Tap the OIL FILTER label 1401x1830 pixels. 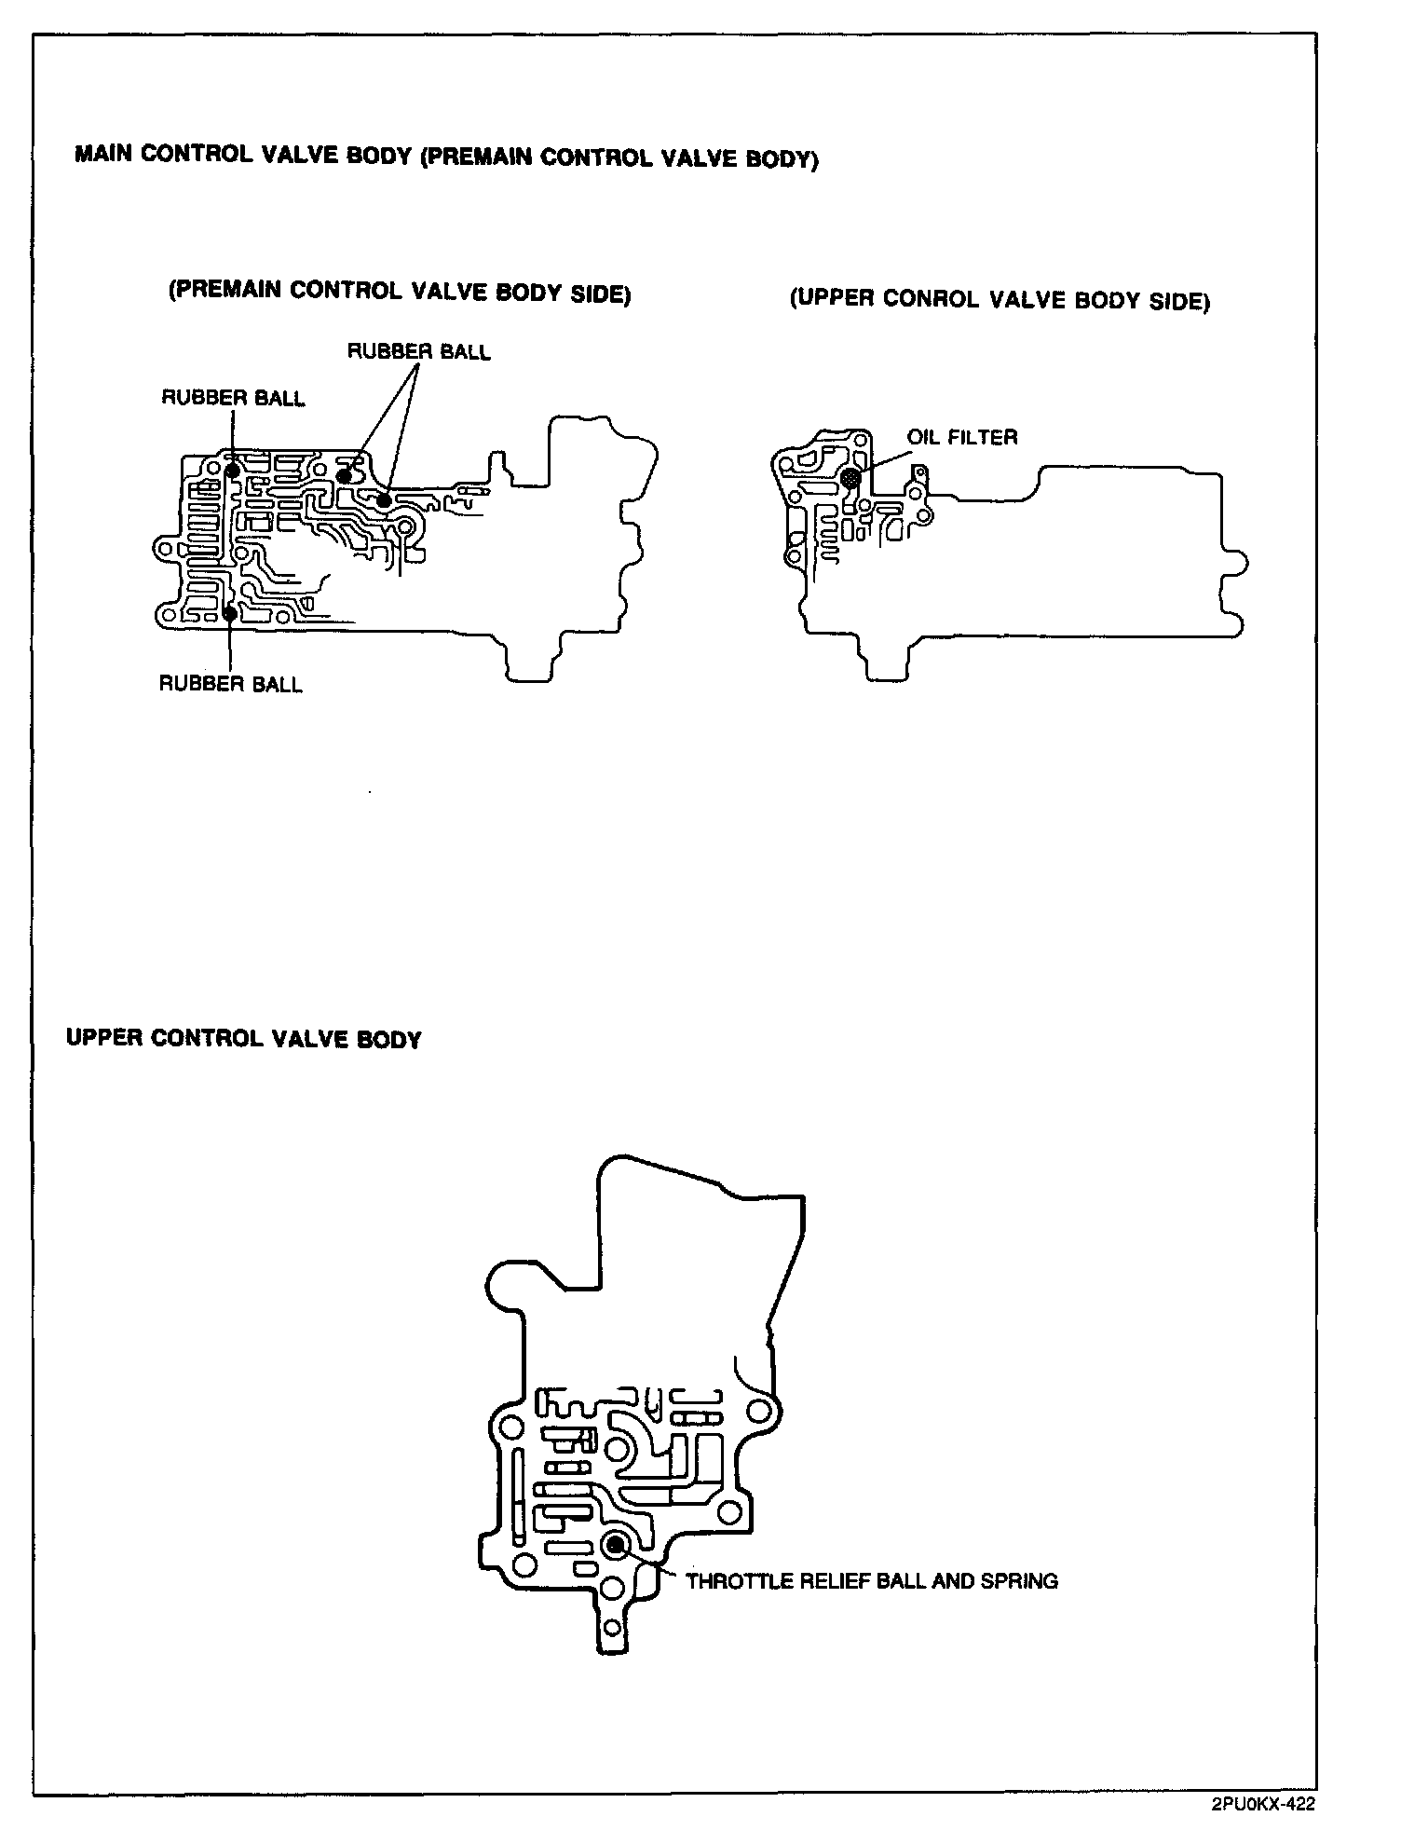click(x=962, y=437)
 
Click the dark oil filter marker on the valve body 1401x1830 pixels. click(x=850, y=478)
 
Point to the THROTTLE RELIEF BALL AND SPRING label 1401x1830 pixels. click(x=871, y=1581)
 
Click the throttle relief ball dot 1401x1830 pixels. click(x=615, y=1546)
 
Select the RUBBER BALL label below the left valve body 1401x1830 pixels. click(x=231, y=684)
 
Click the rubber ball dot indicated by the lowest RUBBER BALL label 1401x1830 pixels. click(x=230, y=613)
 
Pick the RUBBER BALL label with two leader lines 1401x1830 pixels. click(x=418, y=351)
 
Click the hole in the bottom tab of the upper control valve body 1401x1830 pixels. click(x=612, y=1629)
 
